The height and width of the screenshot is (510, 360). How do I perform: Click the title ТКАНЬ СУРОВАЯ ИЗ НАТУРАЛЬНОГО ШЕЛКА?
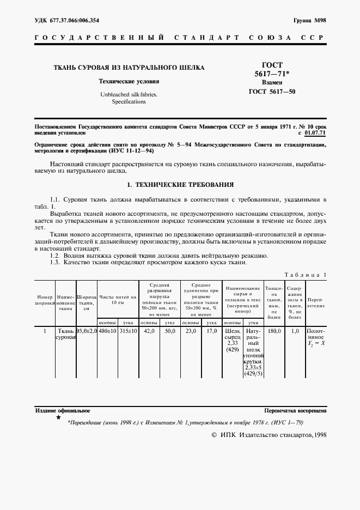point(129,68)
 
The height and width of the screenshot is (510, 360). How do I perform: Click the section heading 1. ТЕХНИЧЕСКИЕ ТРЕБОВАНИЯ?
point(180,185)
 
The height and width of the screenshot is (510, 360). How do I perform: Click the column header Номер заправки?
point(45,300)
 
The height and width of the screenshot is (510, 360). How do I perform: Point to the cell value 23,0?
point(191,331)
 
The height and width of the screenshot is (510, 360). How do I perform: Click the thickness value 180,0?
point(274,331)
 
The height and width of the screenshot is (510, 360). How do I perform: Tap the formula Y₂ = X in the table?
point(316,344)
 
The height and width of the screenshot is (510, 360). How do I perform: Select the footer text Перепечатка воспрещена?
point(295,410)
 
